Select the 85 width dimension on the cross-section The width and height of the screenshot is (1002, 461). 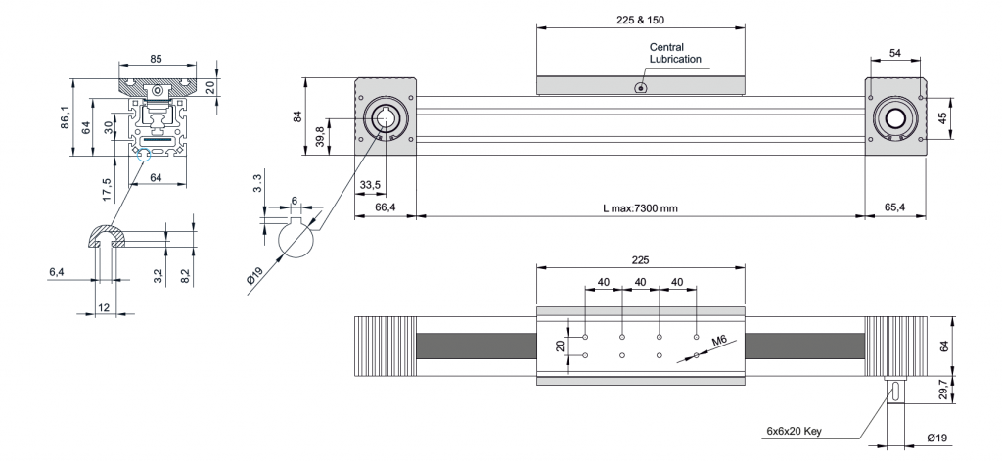pos(157,59)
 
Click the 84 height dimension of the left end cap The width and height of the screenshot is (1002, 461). pos(298,117)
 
